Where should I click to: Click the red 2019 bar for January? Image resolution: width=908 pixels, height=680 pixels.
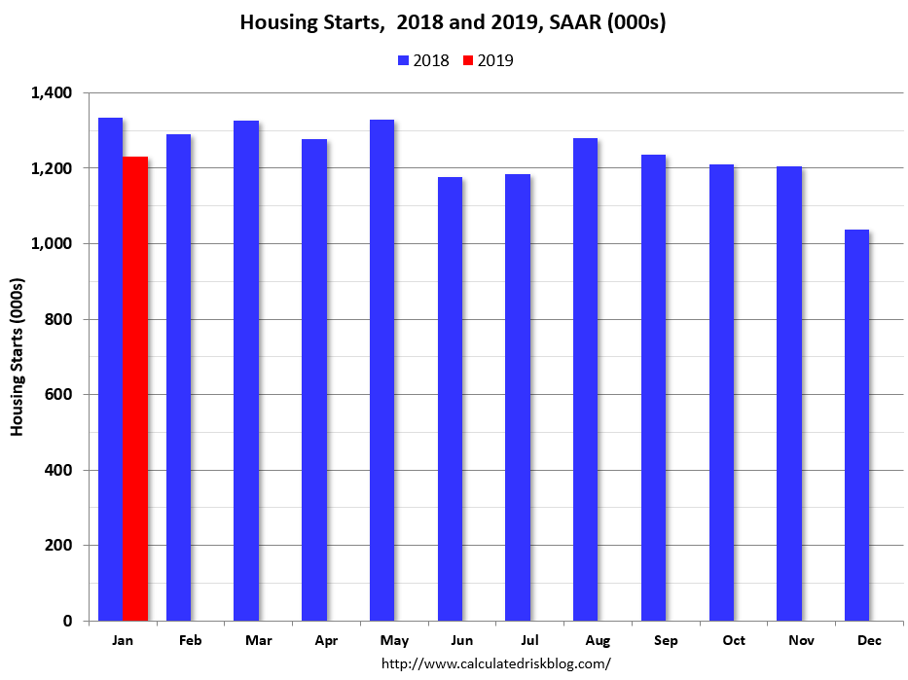coord(135,389)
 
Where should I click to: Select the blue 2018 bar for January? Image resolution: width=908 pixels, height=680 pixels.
coord(111,370)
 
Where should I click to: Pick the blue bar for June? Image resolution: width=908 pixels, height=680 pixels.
coord(450,399)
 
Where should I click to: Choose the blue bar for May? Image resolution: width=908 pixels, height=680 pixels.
coord(381,370)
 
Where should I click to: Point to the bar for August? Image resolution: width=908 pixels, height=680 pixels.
coord(585,379)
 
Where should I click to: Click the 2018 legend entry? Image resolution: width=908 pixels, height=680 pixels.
coord(423,60)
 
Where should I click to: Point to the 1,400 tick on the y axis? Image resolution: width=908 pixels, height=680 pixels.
coord(53,93)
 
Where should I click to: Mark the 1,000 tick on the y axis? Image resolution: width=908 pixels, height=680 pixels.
coord(53,244)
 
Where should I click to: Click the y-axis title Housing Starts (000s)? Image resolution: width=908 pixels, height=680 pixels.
coord(18,357)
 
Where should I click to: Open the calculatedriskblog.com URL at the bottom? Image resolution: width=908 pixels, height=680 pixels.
coord(495,663)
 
